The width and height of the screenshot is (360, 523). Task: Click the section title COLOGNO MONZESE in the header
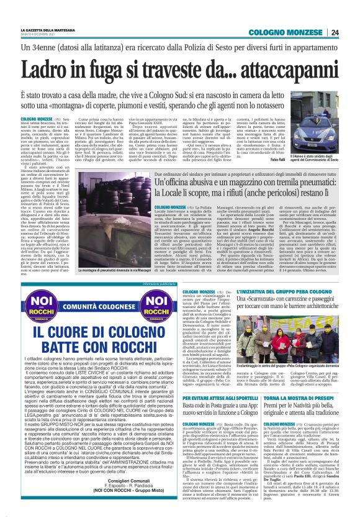pyautogui.click(x=286, y=32)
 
